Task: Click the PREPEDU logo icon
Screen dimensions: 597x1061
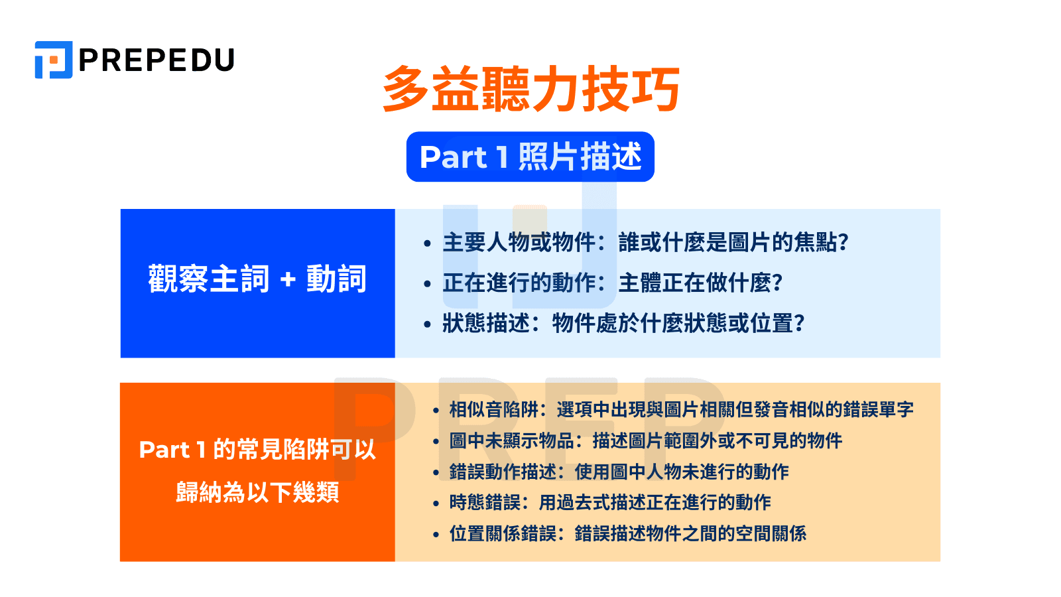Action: [x=53, y=60]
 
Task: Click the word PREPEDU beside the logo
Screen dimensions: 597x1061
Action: [x=156, y=60]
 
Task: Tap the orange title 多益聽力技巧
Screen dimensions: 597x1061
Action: [x=531, y=90]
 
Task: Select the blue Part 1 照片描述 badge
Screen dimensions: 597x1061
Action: [x=530, y=157]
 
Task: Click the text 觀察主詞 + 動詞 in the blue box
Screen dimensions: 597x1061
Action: [x=257, y=279]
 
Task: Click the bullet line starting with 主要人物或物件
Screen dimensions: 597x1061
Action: [x=645, y=243]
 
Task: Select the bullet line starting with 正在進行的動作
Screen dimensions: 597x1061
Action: [x=611, y=283]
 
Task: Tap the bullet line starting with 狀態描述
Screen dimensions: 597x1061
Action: [x=623, y=324]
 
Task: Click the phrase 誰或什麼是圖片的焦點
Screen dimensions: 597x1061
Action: [x=733, y=243]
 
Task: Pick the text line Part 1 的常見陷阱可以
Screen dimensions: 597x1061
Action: [x=257, y=450]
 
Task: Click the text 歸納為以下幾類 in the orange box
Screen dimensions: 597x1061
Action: [x=257, y=492]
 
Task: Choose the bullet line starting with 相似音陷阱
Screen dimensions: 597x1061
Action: [x=680, y=409]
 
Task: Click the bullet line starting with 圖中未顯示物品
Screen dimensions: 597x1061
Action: [x=645, y=440]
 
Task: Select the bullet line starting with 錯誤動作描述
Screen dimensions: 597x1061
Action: [x=619, y=472]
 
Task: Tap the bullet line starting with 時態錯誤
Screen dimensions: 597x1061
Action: [x=609, y=502]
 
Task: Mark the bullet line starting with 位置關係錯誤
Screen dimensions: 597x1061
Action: [x=627, y=533]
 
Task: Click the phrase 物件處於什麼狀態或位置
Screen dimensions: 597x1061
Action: [x=678, y=324]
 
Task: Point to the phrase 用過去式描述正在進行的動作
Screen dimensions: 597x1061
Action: [x=655, y=502]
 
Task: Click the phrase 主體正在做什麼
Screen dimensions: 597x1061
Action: [x=700, y=283]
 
